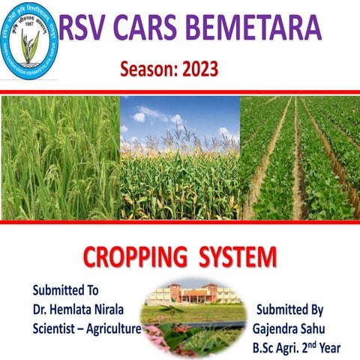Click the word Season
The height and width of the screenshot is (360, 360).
pyautogui.click(x=145, y=70)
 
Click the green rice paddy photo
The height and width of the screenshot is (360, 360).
pyautogui.click(x=60, y=157)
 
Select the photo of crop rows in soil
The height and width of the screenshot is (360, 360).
pyautogui.click(x=300, y=157)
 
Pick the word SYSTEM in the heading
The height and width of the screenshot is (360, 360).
pyautogui.click(x=237, y=259)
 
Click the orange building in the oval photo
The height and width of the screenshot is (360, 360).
pyautogui.click(x=194, y=295)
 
